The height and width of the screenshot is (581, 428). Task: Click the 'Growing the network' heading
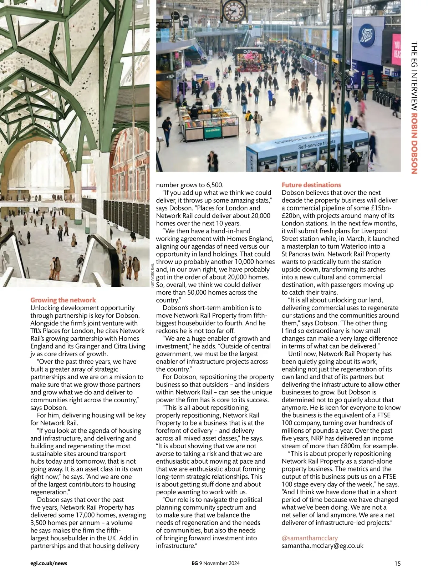(63, 300)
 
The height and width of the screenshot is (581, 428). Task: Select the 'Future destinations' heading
(311, 185)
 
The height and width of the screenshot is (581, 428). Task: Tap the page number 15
(397, 564)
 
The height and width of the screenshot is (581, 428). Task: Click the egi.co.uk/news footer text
(49, 564)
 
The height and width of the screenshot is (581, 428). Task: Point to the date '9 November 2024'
(219, 564)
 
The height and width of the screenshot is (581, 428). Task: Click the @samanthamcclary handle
(310, 538)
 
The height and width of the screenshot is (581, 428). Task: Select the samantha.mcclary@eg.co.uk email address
(322, 546)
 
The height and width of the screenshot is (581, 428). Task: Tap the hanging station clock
(234, 11)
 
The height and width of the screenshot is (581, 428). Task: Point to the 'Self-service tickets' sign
(317, 144)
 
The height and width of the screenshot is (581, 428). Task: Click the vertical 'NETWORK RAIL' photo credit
(153, 275)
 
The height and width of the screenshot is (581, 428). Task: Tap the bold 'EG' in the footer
(194, 564)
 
